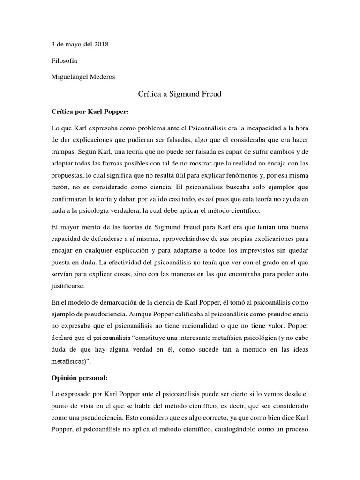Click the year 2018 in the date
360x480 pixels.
101,45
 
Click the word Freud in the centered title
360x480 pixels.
210,94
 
